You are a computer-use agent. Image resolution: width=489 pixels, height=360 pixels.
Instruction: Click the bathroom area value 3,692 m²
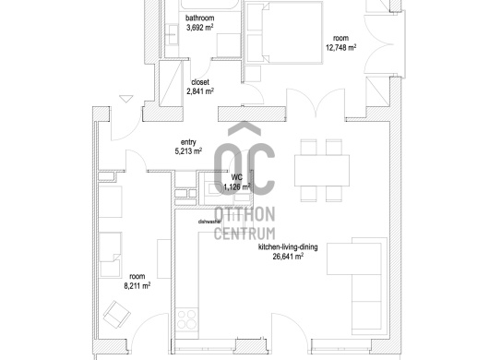pos(200,28)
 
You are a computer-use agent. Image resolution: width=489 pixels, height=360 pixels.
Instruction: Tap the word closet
pos(200,82)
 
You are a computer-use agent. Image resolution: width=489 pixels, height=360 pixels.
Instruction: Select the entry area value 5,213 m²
pos(188,151)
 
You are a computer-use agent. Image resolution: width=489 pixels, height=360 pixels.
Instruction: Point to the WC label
pos(237,177)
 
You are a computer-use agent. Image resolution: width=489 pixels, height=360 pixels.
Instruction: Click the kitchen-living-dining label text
pos(288,247)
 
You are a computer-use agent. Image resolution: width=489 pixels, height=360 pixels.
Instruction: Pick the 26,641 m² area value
pos(288,257)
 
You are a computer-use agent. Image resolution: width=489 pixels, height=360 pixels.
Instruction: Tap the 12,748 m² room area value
pos(340,48)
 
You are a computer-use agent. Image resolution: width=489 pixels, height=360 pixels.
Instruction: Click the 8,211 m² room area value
pos(137,285)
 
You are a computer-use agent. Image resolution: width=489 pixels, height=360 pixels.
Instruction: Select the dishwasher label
pos(209,222)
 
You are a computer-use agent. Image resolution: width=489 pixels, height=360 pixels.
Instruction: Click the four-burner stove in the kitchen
pos(186,319)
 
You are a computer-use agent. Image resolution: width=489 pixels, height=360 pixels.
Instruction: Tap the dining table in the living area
pos(322,171)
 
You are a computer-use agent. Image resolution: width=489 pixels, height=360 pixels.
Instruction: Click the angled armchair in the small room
pos(116,315)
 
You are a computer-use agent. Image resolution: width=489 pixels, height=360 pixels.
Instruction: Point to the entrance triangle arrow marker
pos(126,99)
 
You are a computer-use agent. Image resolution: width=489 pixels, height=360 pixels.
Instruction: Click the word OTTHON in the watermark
pos(244,214)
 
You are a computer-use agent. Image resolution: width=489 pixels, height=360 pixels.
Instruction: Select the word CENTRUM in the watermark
pos(244,234)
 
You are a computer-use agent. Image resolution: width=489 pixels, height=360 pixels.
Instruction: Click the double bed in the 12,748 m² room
pos(284,32)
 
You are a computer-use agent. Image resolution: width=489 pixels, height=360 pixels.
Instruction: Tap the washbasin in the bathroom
pos(172,34)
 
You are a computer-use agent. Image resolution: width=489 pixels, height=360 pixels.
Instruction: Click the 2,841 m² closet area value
pos(200,91)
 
